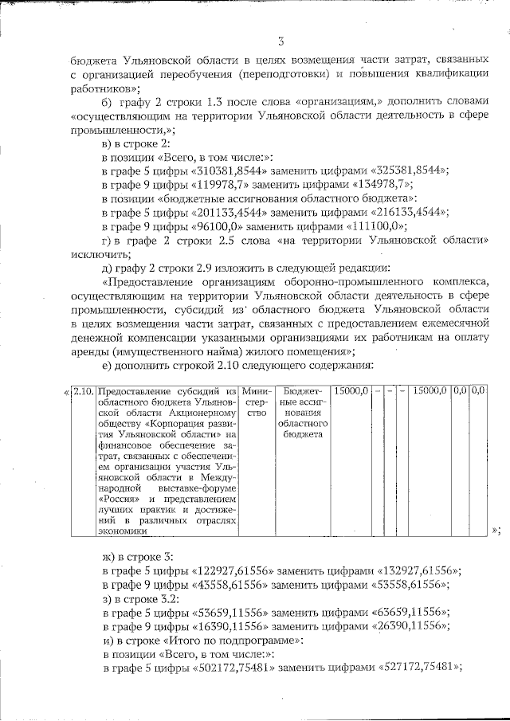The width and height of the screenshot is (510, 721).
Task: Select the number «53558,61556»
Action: pos(402,583)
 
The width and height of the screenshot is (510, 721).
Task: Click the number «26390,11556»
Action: pos(402,625)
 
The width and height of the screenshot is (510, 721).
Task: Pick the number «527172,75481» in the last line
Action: pos(420,668)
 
